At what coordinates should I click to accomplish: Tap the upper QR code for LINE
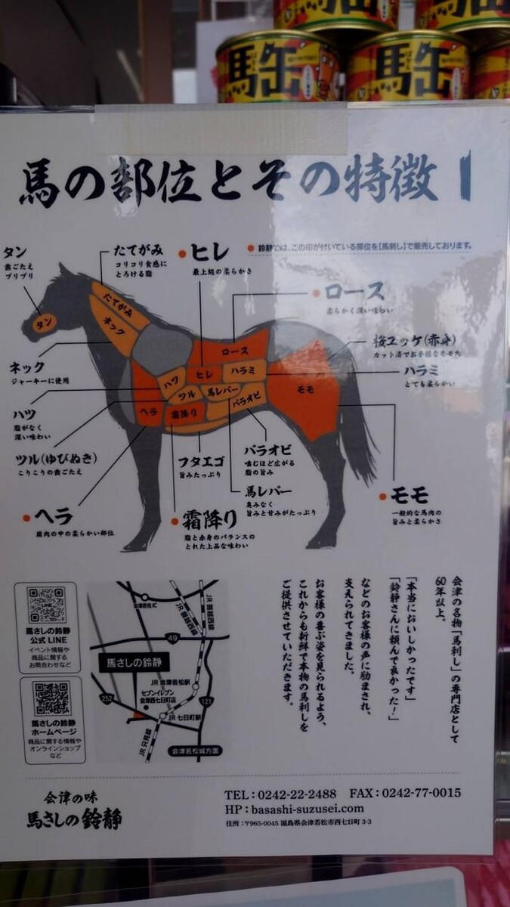[47, 605]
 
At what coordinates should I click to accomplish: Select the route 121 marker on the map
[207, 702]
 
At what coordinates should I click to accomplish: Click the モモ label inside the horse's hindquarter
[305, 388]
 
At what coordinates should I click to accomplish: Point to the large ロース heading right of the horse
[354, 292]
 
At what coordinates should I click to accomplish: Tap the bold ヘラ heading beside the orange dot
[52, 517]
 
